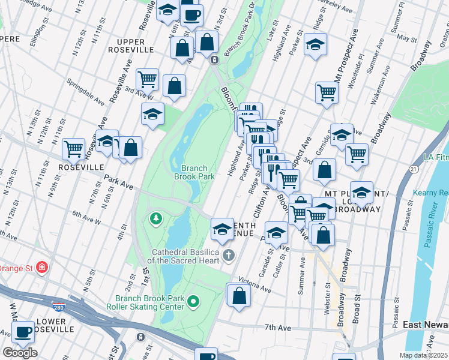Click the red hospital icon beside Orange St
tap(41, 267)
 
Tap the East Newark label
tap(425, 325)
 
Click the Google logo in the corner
tap(20, 353)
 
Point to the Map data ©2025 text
tap(424, 355)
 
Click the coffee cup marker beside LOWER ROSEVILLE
tap(23, 332)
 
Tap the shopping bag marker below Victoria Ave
tap(238, 295)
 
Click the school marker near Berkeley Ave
tap(315, 45)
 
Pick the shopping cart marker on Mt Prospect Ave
tap(327, 92)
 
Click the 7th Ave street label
tap(278, 328)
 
